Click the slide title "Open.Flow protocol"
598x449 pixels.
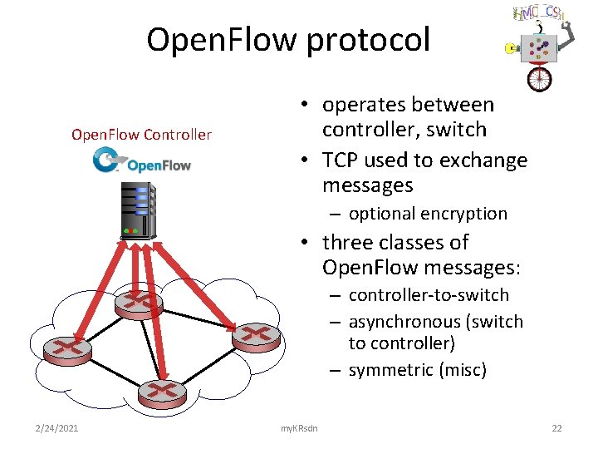pos(288,39)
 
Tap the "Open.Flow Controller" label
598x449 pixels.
pos(141,134)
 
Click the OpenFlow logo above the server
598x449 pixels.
pos(143,161)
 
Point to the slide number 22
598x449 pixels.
pos(556,427)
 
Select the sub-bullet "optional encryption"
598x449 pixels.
pos(427,214)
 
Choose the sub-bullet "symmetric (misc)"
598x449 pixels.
pos(417,370)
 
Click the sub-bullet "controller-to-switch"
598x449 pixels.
pos(429,295)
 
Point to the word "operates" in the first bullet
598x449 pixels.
pos(361,105)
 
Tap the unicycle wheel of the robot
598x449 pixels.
pos(539,78)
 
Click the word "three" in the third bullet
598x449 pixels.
pos(349,243)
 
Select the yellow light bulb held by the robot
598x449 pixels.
pos(511,49)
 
